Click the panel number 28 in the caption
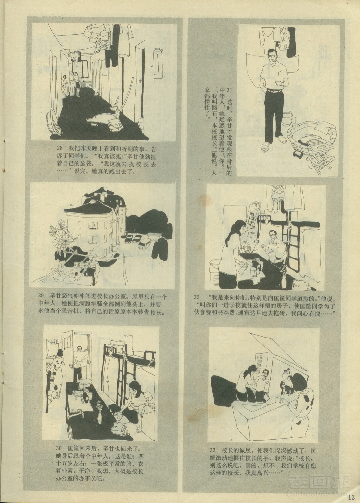pyautogui.click(x=60, y=149)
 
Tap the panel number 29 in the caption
pyautogui.click(x=41, y=296)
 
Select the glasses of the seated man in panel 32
pyautogui.click(x=272, y=234)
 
